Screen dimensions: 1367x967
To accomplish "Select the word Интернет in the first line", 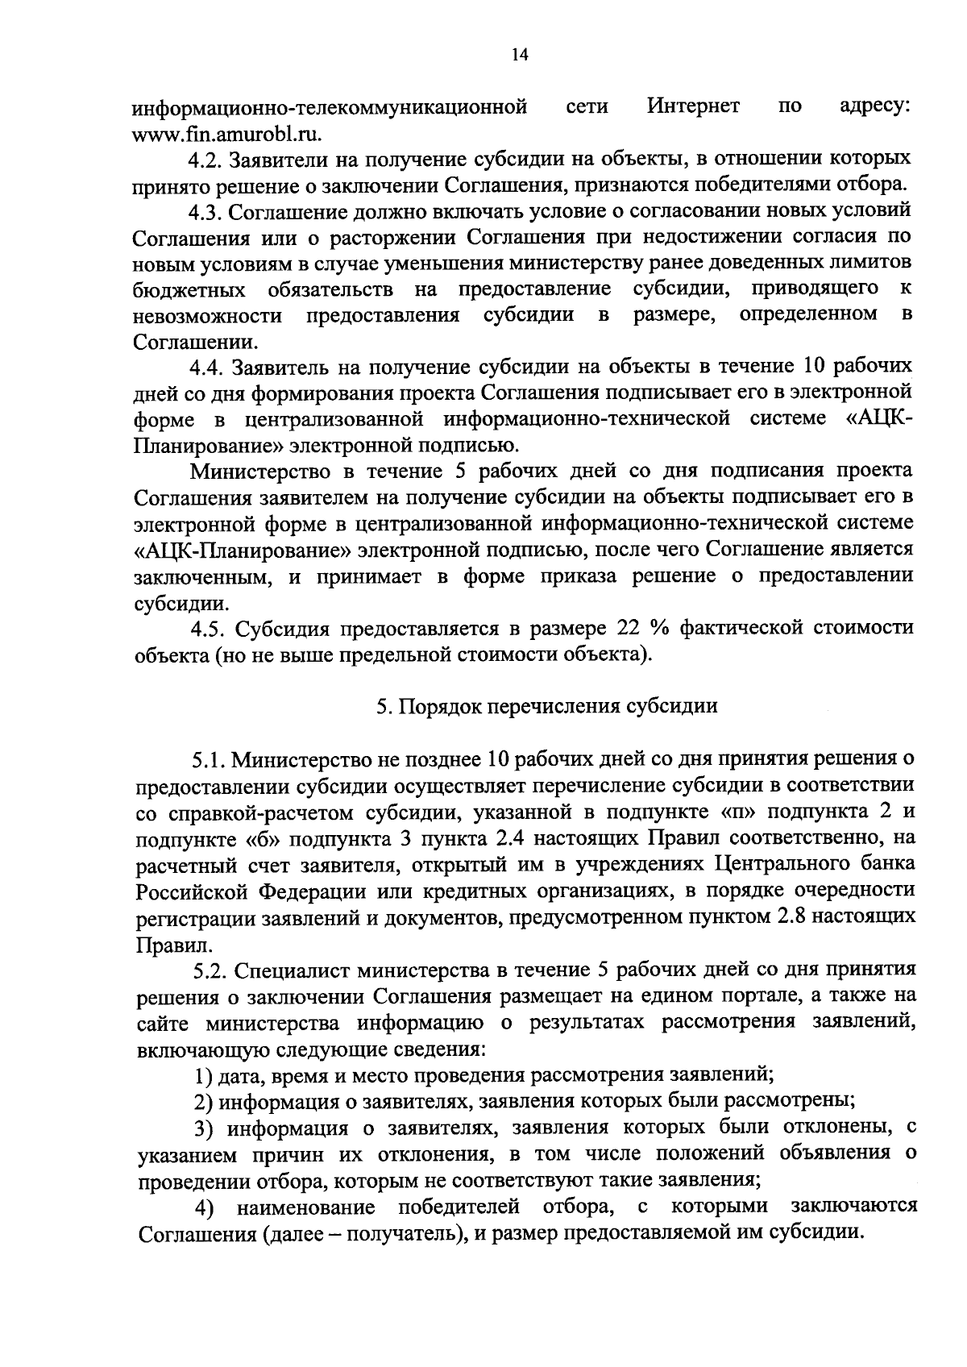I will pos(693,106).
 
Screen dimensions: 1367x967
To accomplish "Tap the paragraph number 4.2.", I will pos(205,159).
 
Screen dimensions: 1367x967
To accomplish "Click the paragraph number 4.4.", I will pos(205,368).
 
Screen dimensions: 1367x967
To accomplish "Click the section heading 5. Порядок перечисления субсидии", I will pos(546,707).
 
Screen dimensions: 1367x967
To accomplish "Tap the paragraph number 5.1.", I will pos(207,759).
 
